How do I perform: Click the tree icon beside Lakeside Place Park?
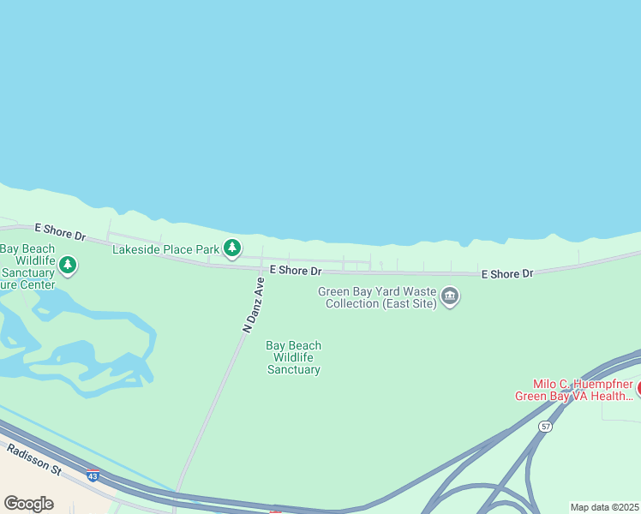231,248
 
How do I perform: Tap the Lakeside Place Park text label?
166,249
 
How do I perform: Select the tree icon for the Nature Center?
68,266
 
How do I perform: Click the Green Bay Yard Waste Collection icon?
450,297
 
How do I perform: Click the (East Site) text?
406,304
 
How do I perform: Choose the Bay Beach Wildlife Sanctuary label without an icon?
293,358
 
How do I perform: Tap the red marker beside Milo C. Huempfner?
638,389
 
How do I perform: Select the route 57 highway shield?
545,426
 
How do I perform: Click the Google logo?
28,503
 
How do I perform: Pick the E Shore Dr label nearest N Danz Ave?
296,271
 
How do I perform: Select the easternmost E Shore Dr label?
507,274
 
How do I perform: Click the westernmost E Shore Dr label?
60,231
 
